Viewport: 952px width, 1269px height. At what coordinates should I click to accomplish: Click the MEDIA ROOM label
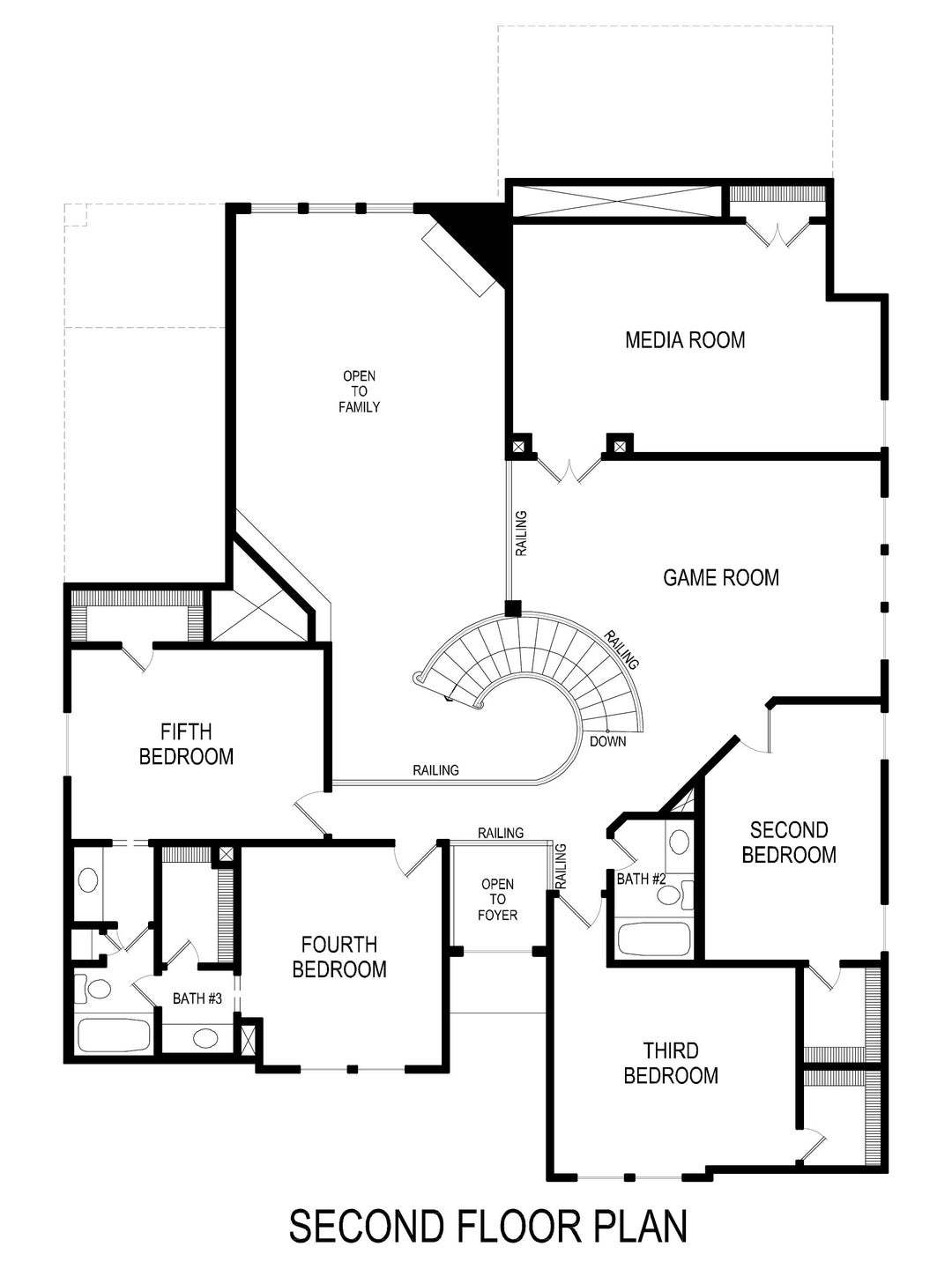[x=685, y=339]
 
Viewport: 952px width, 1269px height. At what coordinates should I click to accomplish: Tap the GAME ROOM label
[x=720, y=577]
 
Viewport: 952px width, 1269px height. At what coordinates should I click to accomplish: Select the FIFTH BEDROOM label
[x=186, y=744]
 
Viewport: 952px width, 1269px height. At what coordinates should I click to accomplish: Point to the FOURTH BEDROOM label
[x=339, y=957]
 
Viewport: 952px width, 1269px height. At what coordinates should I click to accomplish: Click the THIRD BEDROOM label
[x=671, y=1063]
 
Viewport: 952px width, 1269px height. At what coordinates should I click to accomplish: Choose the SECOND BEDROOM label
[x=789, y=842]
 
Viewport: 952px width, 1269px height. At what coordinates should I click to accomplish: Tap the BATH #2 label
[x=640, y=879]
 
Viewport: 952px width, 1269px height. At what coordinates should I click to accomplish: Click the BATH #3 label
[x=197, y=998]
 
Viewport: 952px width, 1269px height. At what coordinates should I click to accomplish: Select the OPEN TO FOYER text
[x=498, y=899]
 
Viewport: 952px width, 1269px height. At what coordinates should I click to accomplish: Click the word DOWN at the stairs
[x=608, y=741]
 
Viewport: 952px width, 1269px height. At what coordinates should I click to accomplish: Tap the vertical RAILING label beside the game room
[x=521, y=533]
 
